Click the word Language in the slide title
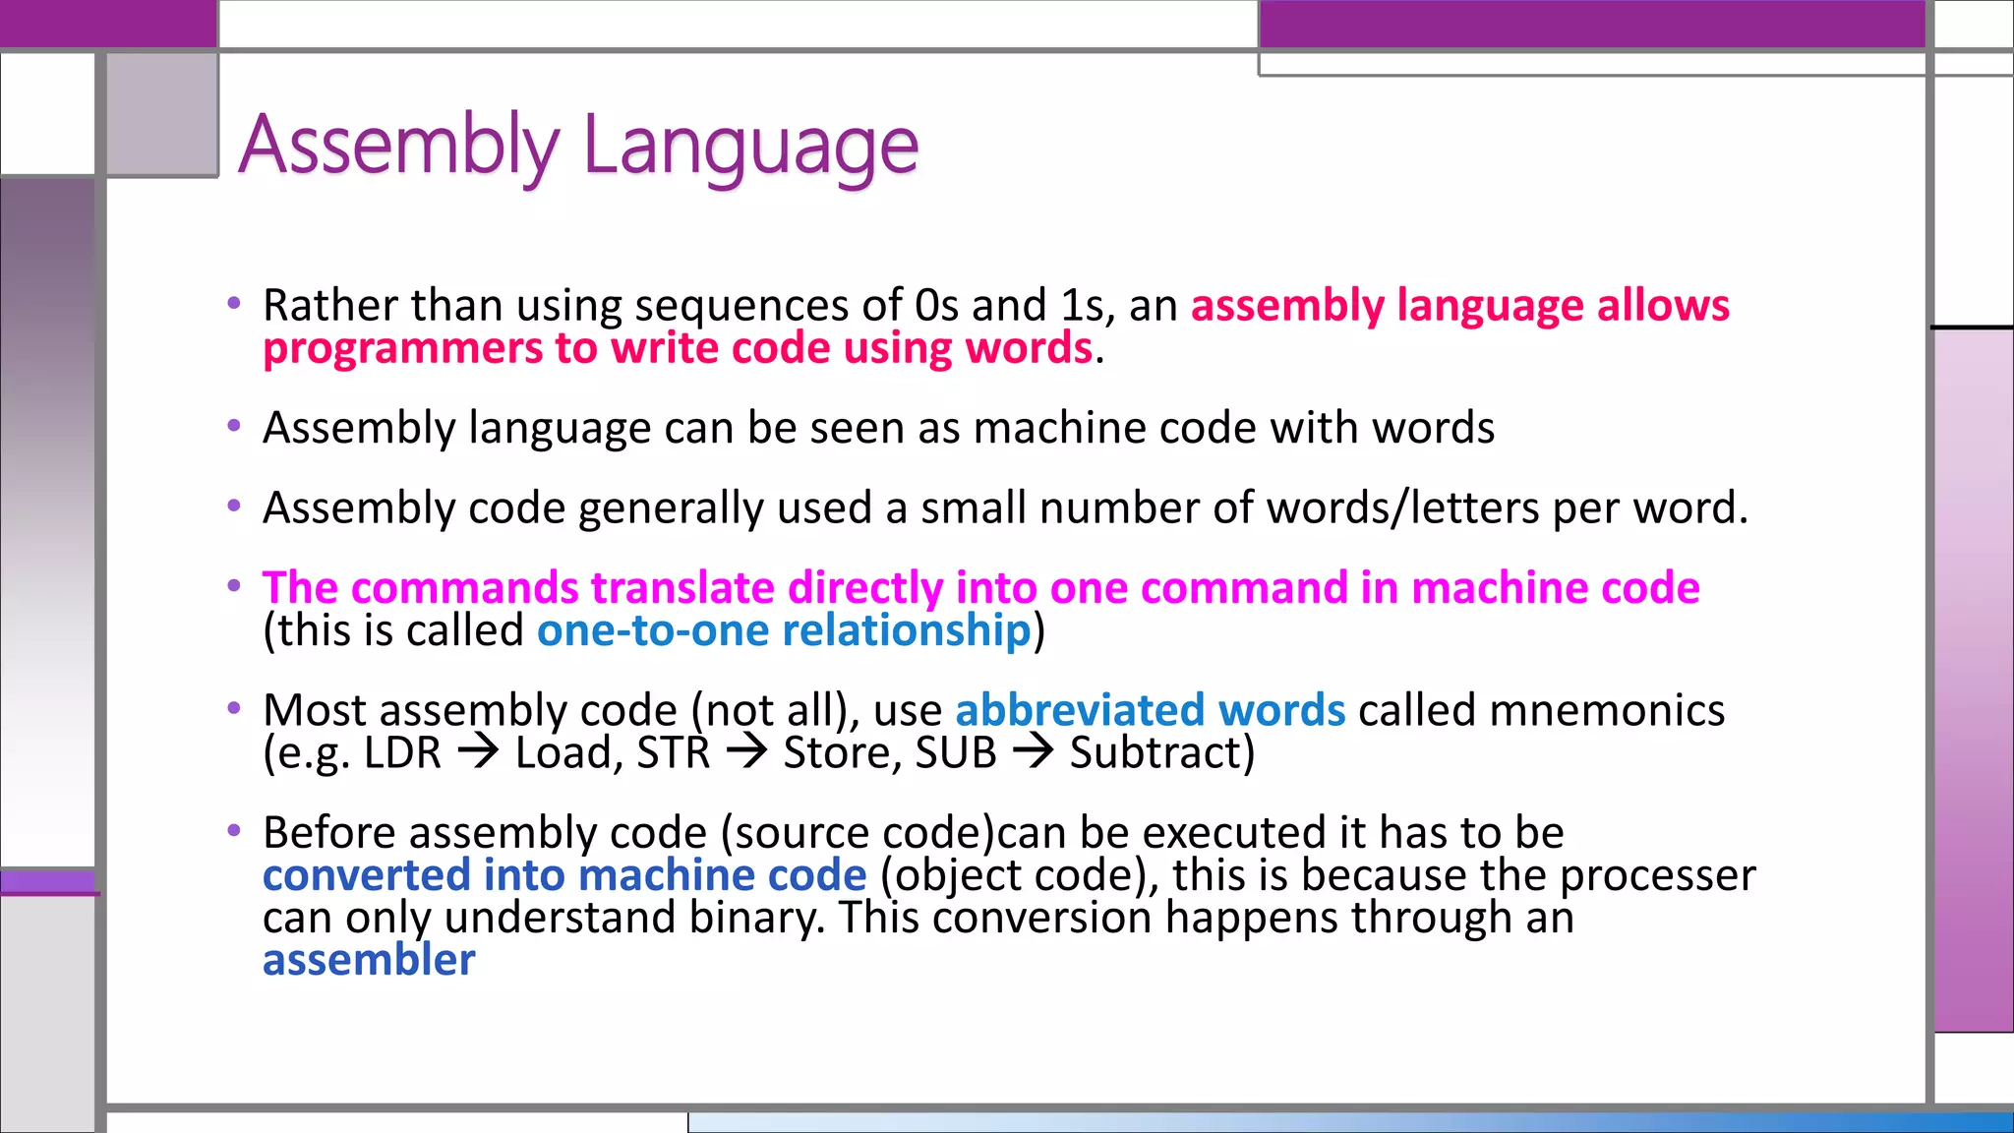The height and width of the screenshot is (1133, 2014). click(x=750, y=146)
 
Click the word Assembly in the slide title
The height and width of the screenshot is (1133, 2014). click(x=398, y=146)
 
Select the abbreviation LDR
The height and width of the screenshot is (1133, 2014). click(x=402, y=753)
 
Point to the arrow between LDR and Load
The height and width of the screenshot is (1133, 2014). click(x=478, y=752)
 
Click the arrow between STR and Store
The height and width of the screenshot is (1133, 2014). click(x=746, y=752)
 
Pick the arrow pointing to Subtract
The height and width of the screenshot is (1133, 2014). click(x=1033, y=752)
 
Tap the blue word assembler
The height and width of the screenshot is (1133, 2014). click(x=369, y=960)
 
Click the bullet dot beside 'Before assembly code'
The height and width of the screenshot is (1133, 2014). click(x=234, y=831)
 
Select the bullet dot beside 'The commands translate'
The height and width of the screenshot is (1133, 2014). click(x=234, y=586)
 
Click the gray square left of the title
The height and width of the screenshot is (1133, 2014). click(x=162, y=114)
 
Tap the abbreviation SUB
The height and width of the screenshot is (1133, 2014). click(x=956, y=753)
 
